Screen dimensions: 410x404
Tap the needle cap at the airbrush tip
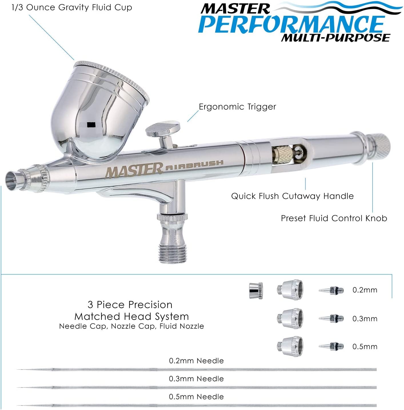14,180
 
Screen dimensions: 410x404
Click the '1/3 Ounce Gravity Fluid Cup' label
72,8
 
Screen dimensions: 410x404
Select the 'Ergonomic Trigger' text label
237,107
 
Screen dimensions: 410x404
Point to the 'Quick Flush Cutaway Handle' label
292,196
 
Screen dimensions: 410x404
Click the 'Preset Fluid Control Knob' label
334,218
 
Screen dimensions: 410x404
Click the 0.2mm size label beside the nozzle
365,290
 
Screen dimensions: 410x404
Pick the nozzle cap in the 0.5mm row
290,346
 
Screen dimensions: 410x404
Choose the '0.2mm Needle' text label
196,361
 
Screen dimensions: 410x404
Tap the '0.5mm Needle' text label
196,397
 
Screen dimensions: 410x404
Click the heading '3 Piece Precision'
130,305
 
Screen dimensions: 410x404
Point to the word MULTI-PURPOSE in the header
335,38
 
